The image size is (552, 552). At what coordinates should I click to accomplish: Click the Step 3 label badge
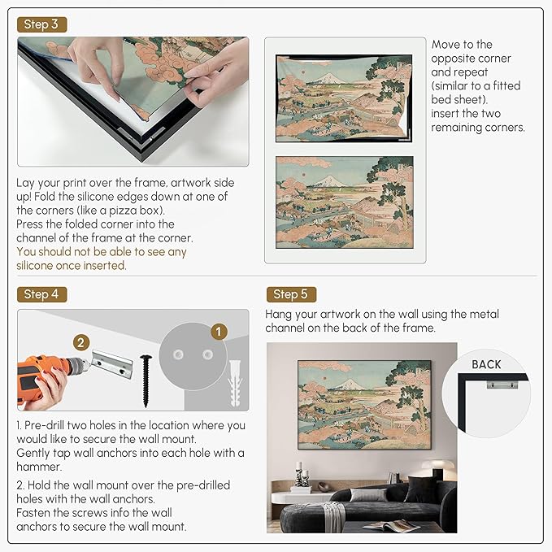point(41,24)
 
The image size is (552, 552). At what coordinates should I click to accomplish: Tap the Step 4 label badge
point(41,294)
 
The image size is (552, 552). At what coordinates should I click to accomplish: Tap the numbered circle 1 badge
point(216,331)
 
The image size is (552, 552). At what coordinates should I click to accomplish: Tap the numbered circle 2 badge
point(80,342)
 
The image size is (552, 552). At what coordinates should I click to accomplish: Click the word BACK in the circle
point(486,364)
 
